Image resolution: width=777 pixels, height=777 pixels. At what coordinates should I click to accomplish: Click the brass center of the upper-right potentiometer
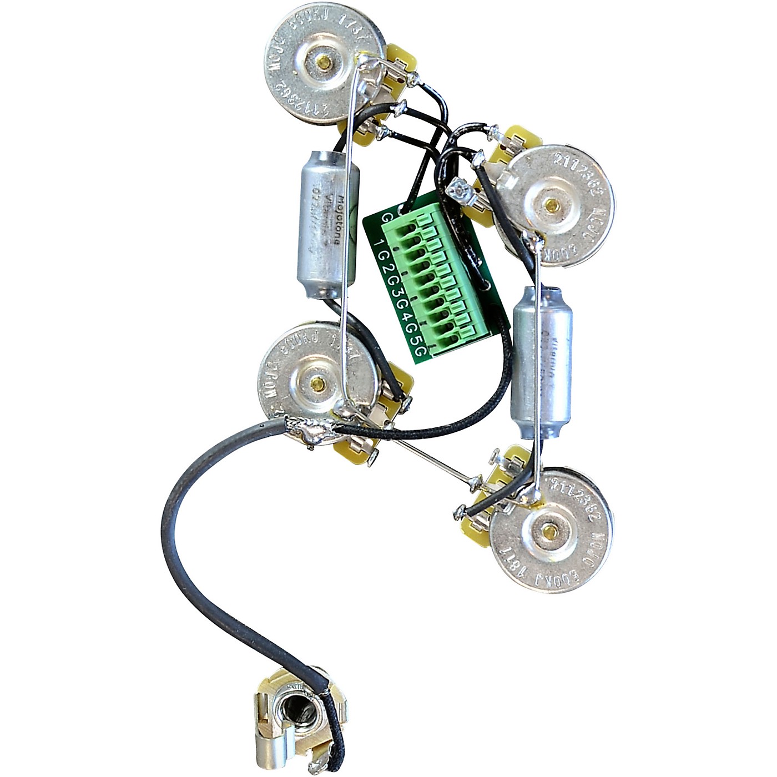point(552,205)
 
